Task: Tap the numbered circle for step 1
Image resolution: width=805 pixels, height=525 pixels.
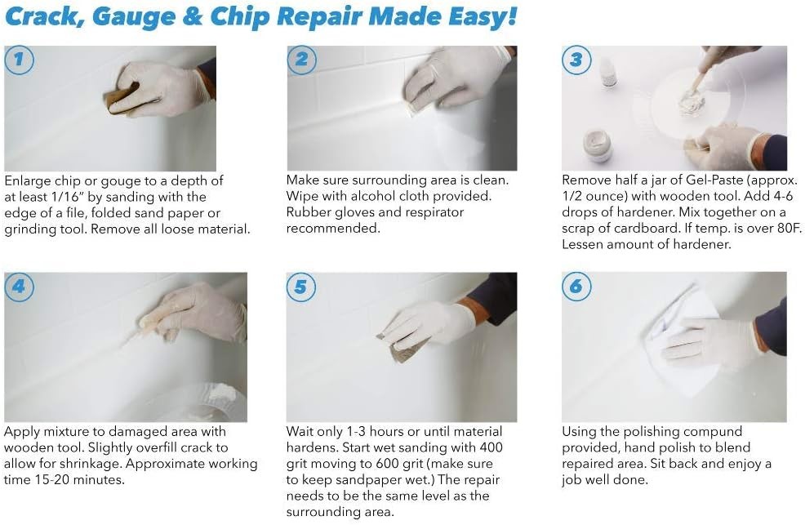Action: click(19, 60)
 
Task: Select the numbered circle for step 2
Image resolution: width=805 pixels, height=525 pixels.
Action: click(301, 60)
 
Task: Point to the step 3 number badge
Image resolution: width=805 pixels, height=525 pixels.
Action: click(576, 60)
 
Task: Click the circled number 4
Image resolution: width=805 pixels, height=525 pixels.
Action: click(19, 287)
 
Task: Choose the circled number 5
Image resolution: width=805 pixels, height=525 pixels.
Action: click(300, 287)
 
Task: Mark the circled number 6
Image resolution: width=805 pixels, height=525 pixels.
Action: click(576, 286)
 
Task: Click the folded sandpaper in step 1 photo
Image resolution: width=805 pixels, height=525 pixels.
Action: click(122, 97)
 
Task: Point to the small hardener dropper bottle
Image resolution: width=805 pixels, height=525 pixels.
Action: click(608, 73)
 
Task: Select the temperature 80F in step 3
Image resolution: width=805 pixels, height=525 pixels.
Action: click(790, 228)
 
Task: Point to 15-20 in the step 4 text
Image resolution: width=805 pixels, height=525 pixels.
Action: click(52, 480)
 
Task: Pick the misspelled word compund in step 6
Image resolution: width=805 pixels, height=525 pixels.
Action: click(713, 432)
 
